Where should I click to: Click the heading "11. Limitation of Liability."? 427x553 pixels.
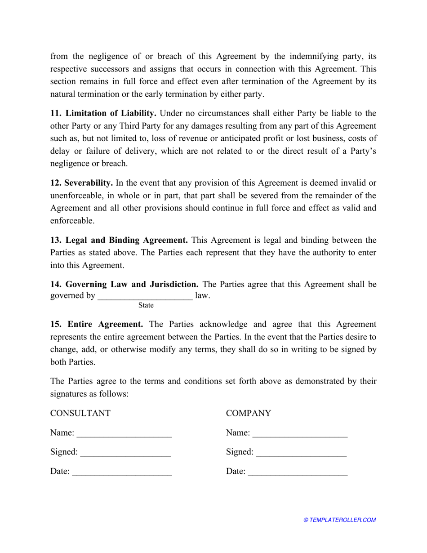tap(103, 113)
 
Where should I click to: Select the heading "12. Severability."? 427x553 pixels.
tap(81, 183)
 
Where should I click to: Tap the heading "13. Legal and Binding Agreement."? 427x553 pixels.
tap(119, 240)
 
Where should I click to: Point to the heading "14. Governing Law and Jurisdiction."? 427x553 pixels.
tap(125, 284)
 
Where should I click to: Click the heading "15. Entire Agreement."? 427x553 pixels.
tap(97, 324)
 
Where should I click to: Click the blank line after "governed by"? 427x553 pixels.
tap(145, 296)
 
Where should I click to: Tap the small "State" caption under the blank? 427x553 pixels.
tap(146, 306)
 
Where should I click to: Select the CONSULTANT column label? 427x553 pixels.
tap(80, 413)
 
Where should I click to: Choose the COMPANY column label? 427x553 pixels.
tap(249, 413)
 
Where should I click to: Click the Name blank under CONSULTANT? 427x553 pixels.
tap(125, 434)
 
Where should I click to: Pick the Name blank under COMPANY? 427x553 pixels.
tap(300, 434)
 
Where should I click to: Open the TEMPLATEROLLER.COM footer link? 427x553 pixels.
tap(340, 520)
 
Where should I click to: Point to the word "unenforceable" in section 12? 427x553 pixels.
tap(75, 196)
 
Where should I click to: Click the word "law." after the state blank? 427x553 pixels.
tap(203, 296)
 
